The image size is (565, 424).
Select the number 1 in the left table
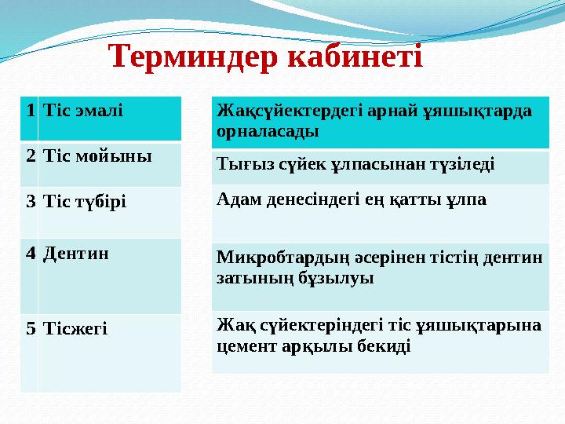[x=28, y=110]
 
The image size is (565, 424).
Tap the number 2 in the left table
[x=28, y=155]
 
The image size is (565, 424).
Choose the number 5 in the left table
[x=28, y=327]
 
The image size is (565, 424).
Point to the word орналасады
[x=267, y=131]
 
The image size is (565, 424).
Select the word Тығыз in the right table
[x=239, y=164]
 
